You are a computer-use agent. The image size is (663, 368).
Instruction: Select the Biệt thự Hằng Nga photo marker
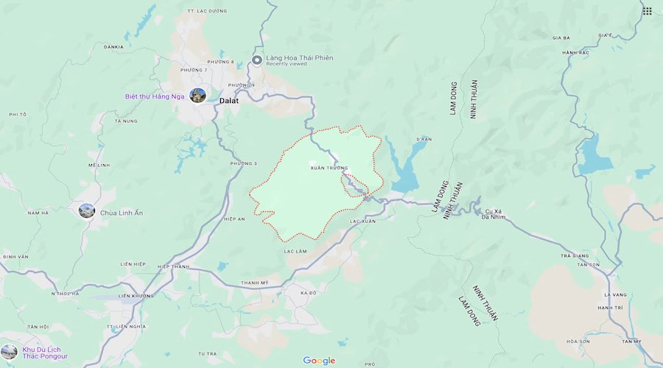(x=197, y=96)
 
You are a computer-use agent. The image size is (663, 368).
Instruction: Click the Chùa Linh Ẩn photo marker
(x=87, y=211)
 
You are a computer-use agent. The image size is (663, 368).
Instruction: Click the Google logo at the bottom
(x=319, y=361)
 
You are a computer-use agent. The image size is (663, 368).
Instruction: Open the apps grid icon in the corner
(x=647, y=11)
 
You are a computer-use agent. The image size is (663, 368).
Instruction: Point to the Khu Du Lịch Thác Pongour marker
(x=9, y=352)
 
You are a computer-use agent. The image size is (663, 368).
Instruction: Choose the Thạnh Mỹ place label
(x=255, y=283)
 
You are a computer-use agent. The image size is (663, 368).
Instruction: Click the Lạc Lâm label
(x=295, y=252)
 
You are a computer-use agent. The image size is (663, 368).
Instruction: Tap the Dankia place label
(x=113, y=46)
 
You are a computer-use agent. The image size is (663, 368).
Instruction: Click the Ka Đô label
(x=308, y=293)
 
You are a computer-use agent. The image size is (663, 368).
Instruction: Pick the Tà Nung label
(x=126, y=121)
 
